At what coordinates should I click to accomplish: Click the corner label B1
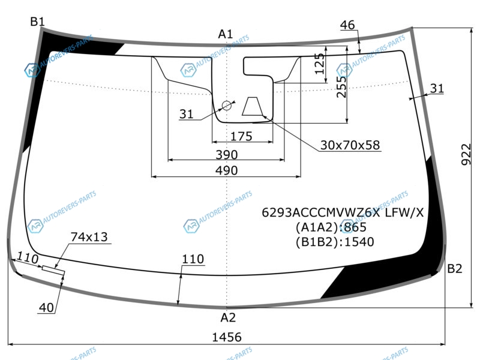pos(38,22)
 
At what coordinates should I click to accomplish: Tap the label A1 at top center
pos(226,34)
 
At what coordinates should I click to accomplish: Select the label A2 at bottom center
pos(228,318)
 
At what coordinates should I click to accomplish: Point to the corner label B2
pos(455,268)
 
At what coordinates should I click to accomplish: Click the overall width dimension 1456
pos(227,337)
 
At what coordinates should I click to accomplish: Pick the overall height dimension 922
pos(466,154)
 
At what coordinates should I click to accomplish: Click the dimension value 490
pos(227,170)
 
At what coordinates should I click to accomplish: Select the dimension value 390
pos(227,155)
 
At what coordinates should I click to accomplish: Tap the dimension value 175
pos(241,136)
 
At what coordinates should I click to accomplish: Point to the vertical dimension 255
pos(341,86)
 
